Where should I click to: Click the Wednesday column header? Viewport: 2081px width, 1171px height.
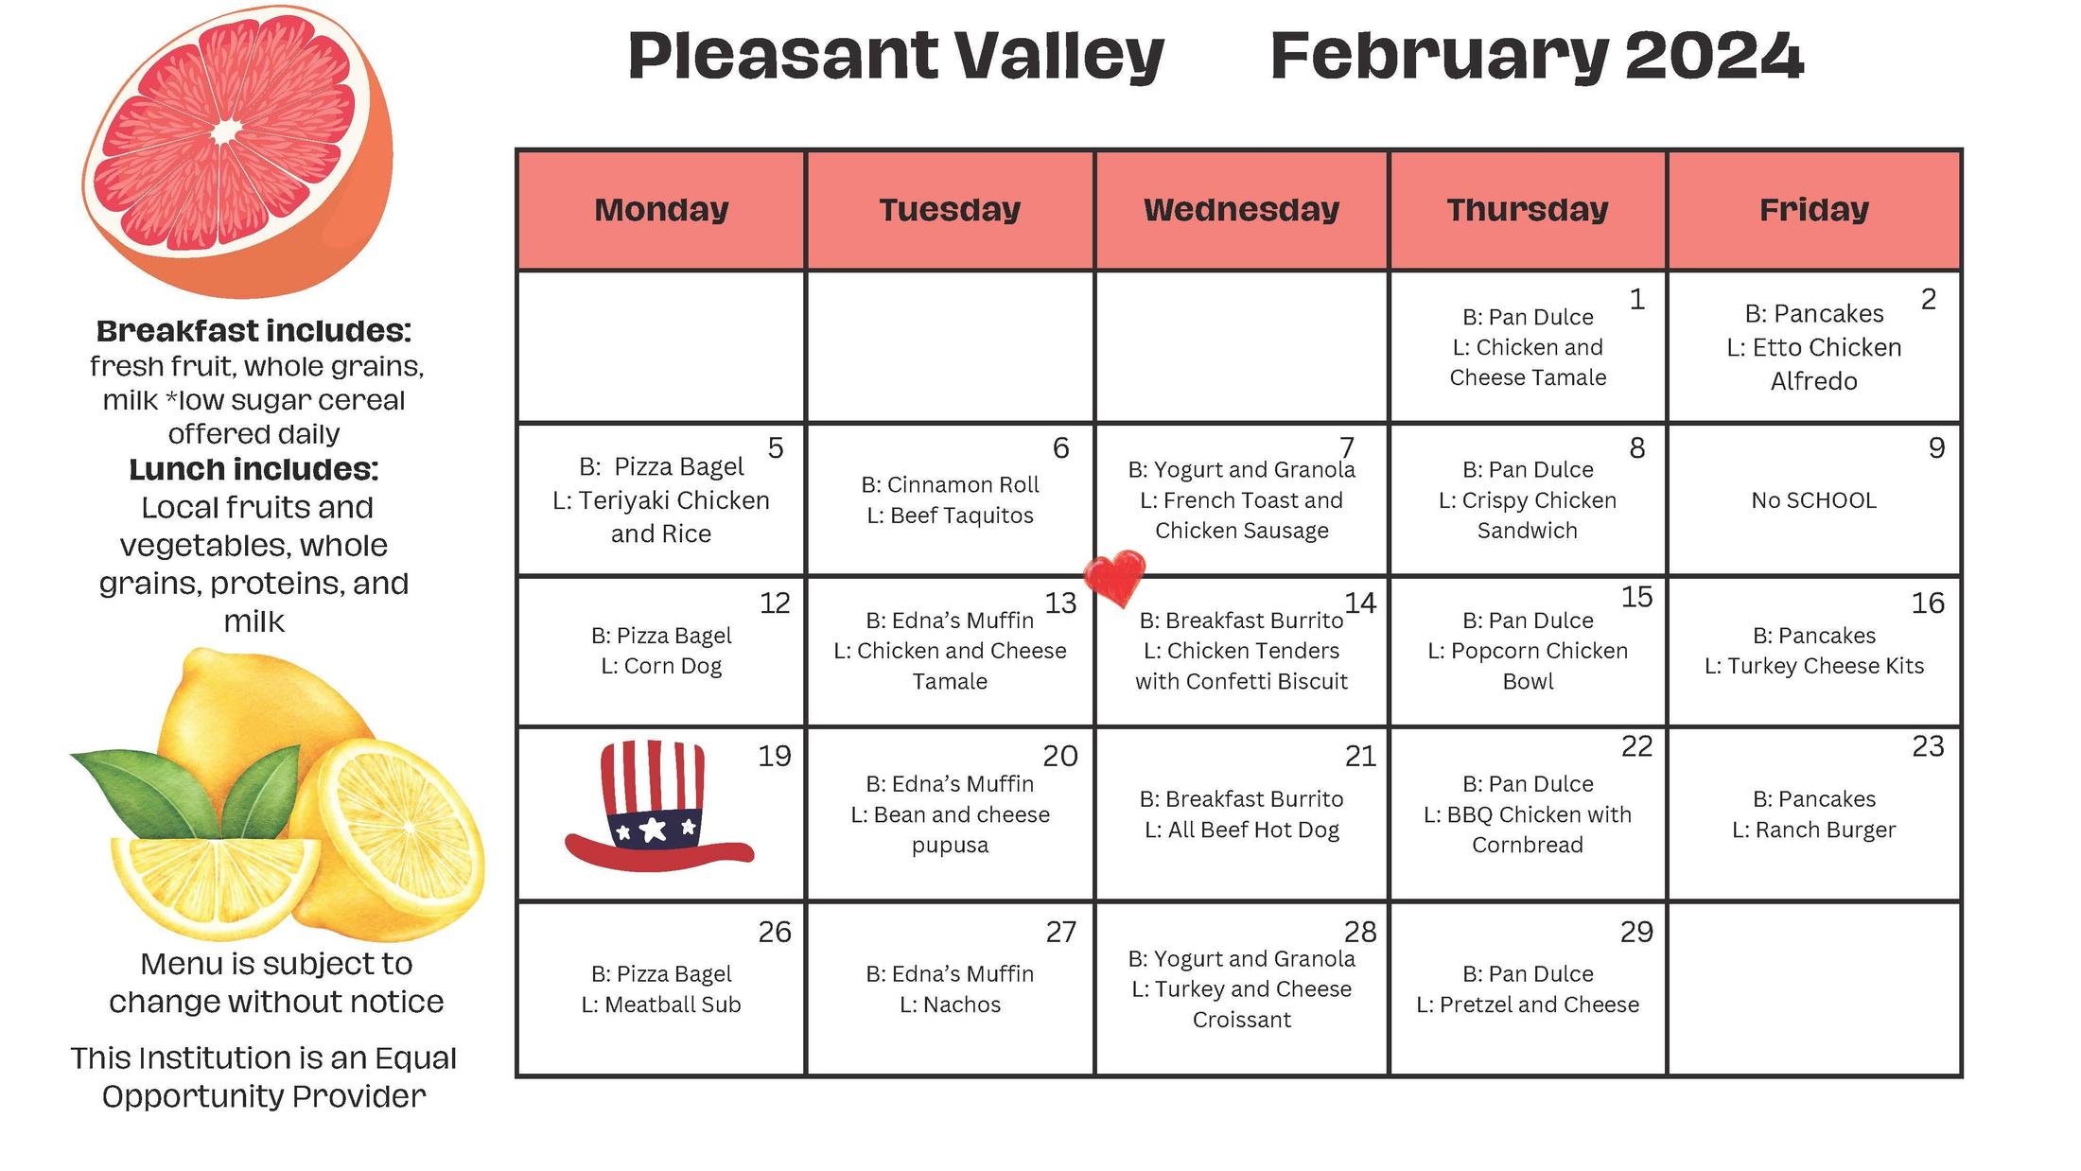coord(1241,210)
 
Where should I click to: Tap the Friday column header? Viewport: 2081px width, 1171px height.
coord(1813,210)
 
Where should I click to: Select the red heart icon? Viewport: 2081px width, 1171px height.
coord(1114,577)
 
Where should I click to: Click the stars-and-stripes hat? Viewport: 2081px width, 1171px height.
coord(656,806)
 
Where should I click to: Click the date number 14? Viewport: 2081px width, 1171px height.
coord(1360,603)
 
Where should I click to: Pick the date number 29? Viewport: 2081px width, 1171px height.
coord(1636,932)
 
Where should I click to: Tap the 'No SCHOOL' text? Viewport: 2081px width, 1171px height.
coord(1813,500)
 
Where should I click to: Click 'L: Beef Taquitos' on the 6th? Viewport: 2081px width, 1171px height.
coord(950,516)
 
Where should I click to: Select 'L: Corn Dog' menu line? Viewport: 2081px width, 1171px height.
coord(661,666)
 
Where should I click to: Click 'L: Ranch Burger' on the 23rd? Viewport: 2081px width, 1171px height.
coord(1813,830)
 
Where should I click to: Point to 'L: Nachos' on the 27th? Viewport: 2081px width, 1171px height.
coord(950,1005)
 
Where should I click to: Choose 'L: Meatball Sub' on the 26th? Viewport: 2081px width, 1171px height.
coord(661,1005)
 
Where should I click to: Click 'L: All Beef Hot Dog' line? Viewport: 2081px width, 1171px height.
coord(1241,830)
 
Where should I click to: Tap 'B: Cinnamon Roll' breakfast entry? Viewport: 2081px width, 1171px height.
coord(950,484)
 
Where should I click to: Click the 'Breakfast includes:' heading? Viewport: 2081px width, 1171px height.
coord(254,331)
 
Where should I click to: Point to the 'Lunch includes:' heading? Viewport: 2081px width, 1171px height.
coord(254,469)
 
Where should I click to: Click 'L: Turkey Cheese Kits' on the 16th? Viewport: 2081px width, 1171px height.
coord(1813,666)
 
